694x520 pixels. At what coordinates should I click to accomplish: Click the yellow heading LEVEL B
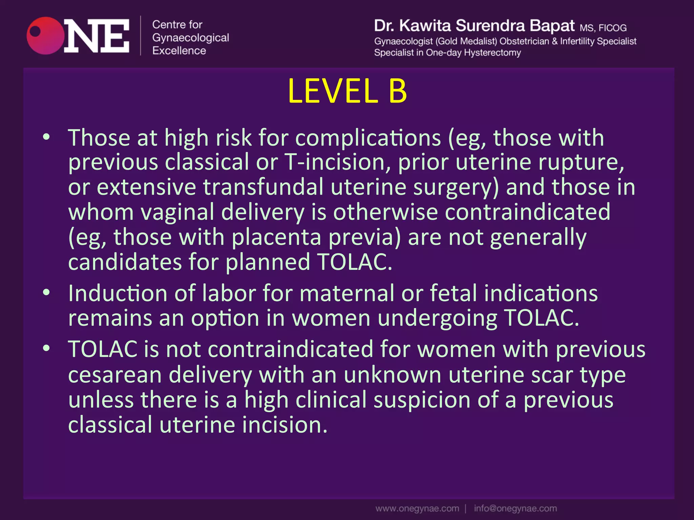click(x=347, y=91)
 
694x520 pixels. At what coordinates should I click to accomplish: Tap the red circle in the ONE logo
click(x=45, y=36)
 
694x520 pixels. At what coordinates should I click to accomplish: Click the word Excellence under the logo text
click(x=179, y=51)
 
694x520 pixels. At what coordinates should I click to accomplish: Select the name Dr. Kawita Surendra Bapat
click(x=474, y=26)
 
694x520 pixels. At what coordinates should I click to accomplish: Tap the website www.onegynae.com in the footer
click(x=417, y=508)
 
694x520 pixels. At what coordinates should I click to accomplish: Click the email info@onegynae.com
click(x=515, y=508)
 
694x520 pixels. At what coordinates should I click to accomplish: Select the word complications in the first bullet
click(x=368, y=138)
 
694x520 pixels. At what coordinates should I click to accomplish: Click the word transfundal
click(x=263, y=187)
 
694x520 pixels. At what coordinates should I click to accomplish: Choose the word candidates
click(x=125, y=262)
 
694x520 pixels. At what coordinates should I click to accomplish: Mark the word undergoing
click(x=437, y=318)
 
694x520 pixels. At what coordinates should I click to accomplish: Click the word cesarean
click(x=115, y=375)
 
